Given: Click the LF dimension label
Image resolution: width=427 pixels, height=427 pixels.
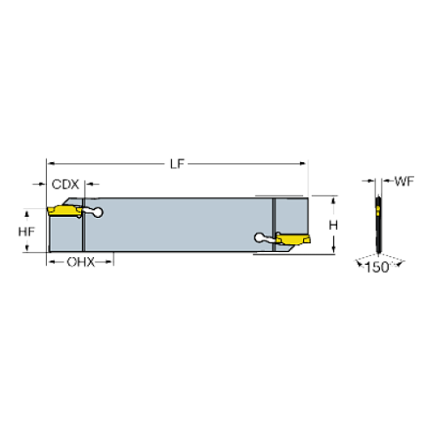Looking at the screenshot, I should [179, 163].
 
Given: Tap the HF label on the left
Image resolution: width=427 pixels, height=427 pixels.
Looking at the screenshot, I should [28, 233].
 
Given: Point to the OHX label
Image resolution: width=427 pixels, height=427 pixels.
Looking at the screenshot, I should [81, 261].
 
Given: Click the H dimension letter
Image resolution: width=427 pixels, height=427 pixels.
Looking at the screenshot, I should [333, 225].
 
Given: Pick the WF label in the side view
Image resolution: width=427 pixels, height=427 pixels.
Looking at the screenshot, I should [403, 182].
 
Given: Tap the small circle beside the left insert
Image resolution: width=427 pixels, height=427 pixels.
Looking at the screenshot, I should [98, 212].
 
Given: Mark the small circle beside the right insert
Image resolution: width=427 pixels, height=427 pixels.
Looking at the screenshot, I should [259, 236].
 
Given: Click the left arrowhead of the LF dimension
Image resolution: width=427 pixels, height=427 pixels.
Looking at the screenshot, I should [51, 163].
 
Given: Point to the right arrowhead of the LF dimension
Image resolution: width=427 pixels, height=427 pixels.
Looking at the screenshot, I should [305, 163].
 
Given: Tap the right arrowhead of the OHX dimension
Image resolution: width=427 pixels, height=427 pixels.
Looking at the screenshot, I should [111, 261].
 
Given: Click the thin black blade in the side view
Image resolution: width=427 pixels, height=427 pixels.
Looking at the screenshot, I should [378, 235].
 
